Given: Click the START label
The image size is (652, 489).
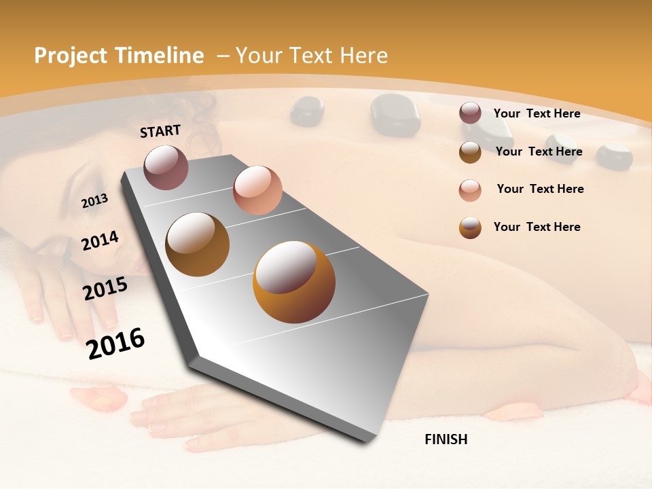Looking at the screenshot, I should click(160, 131).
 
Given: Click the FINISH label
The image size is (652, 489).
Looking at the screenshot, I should click(446, 439).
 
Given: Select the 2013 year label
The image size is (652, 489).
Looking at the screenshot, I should click(94, 200).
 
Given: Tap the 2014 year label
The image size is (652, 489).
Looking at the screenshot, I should click(100, 240).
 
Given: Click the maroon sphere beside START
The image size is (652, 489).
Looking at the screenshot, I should click(166, 167).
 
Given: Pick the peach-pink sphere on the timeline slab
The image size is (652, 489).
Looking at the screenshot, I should click(257, 190).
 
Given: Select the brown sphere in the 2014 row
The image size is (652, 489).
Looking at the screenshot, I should click(198, 244).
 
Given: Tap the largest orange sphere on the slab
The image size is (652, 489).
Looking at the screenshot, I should click(294, 282).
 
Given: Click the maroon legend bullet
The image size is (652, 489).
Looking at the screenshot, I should click(470, 113).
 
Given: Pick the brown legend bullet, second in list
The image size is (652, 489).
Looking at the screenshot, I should click(470, 152).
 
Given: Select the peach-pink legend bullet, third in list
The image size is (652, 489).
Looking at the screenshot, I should click(470, 189).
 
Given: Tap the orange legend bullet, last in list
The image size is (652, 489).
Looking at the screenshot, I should click(470, 228).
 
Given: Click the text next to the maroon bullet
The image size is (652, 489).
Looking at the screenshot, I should click(537, 113).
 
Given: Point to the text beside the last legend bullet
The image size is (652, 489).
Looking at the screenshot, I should click(537, 227).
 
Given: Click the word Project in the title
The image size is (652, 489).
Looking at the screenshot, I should click(71, 56).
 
